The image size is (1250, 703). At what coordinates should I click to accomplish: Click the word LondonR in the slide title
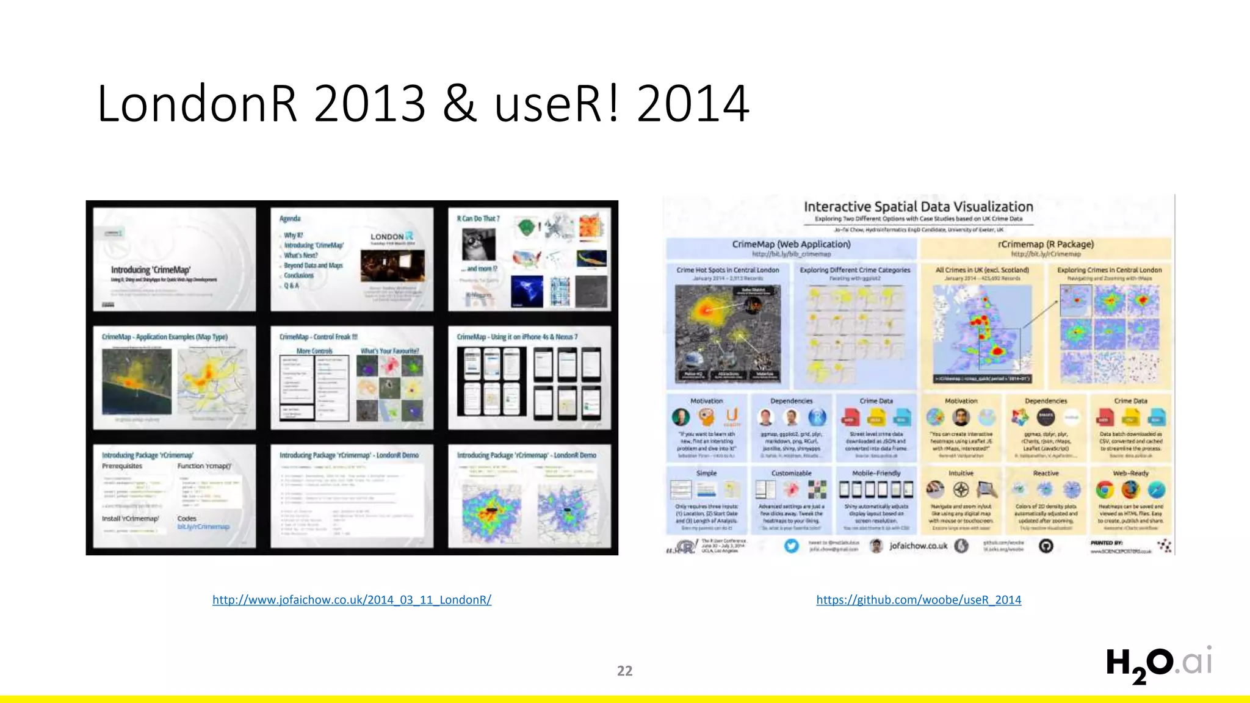coord(197,104)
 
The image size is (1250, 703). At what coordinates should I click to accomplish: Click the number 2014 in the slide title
coord(693,104)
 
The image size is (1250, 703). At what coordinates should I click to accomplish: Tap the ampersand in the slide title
coord(459,104)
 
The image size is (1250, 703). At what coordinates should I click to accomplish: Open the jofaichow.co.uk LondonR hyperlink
coord(352,600)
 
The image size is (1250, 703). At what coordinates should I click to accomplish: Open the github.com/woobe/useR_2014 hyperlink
coord(919,600)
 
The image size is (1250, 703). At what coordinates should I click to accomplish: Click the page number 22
coord(624,671)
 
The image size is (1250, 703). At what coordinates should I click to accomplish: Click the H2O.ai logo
coord(1158,664)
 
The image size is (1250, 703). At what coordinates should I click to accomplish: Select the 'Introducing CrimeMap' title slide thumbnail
coord(175,259)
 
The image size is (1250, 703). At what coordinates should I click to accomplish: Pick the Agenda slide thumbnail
coord(352,259)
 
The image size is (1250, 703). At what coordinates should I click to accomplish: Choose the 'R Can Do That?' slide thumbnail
coord(529,259)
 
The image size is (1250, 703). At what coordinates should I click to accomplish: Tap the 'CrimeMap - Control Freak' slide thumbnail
coord(352,378)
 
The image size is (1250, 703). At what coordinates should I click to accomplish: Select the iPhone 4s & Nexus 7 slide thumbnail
coord(529,378)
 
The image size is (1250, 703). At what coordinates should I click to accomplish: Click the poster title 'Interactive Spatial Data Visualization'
coord(918,207)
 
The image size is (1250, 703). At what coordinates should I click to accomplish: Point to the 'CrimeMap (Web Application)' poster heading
coord(791,244)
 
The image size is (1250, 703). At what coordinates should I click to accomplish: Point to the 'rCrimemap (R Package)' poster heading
coord(1046,244)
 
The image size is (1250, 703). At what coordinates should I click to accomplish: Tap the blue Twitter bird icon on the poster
coord(792,546)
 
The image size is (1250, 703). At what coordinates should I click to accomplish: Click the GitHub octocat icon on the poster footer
coord(1046,546)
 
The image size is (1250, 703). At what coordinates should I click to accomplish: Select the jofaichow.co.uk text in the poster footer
coord(918,546)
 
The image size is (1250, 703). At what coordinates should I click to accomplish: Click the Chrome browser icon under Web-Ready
coord(1104,489)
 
